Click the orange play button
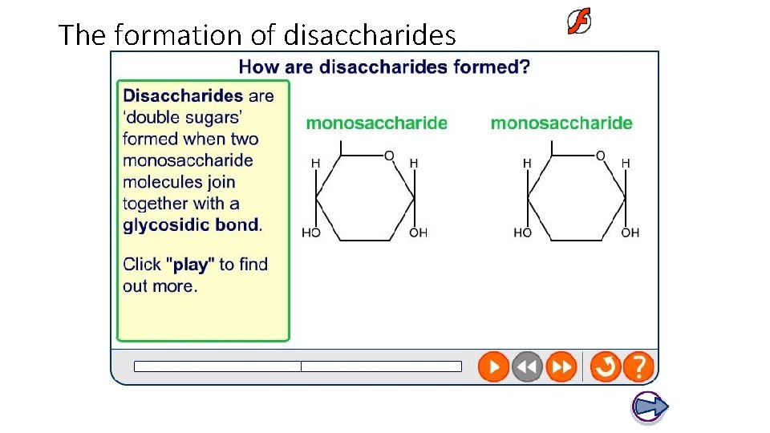tap(494, 367)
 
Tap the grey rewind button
tap(527, 367)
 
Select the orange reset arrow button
tap(606, 367)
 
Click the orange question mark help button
tap(638, 367)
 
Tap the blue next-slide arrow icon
tap(650, 407)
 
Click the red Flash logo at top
tap(579, 22)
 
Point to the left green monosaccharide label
tap(377, 123)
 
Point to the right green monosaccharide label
tap(561, 123)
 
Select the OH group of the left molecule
tap(418, 233)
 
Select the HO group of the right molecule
tap(522, 233)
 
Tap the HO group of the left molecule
tap(310, 233)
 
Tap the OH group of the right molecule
tap(630, 233)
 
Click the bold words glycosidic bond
tap(191, 225)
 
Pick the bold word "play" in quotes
tap(189, 264)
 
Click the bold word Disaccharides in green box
tap(183, 96)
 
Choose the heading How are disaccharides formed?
tap(384, 67)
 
